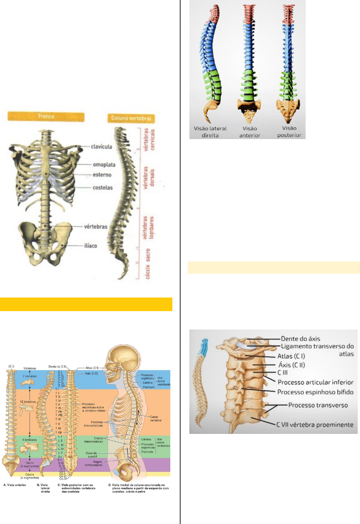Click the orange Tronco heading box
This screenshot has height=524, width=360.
point(46,117)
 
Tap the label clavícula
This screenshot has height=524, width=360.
point(101,147)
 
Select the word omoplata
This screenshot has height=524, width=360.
point(104,165)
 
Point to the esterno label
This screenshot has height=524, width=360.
point(102,175)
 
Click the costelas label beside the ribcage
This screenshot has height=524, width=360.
point(102,187)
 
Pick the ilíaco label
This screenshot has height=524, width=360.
point(90,246)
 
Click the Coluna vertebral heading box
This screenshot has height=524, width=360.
point(131,118)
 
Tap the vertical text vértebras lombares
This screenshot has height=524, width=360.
point(148,228)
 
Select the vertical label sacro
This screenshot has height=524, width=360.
point(148,255)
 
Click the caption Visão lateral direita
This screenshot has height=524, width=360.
point(210,132)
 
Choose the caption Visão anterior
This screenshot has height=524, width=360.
point(250,132)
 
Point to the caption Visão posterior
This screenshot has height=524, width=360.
point(289,132)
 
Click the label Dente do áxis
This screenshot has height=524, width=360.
point(301,339)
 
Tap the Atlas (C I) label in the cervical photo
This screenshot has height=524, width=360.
point(291,356)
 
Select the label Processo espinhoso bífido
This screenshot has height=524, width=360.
point(315,392)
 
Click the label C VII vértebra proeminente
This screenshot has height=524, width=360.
point(315,425)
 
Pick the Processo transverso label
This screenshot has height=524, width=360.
point(318,405)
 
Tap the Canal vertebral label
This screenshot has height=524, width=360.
point(156,418)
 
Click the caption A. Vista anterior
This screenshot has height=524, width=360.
point(15,485)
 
